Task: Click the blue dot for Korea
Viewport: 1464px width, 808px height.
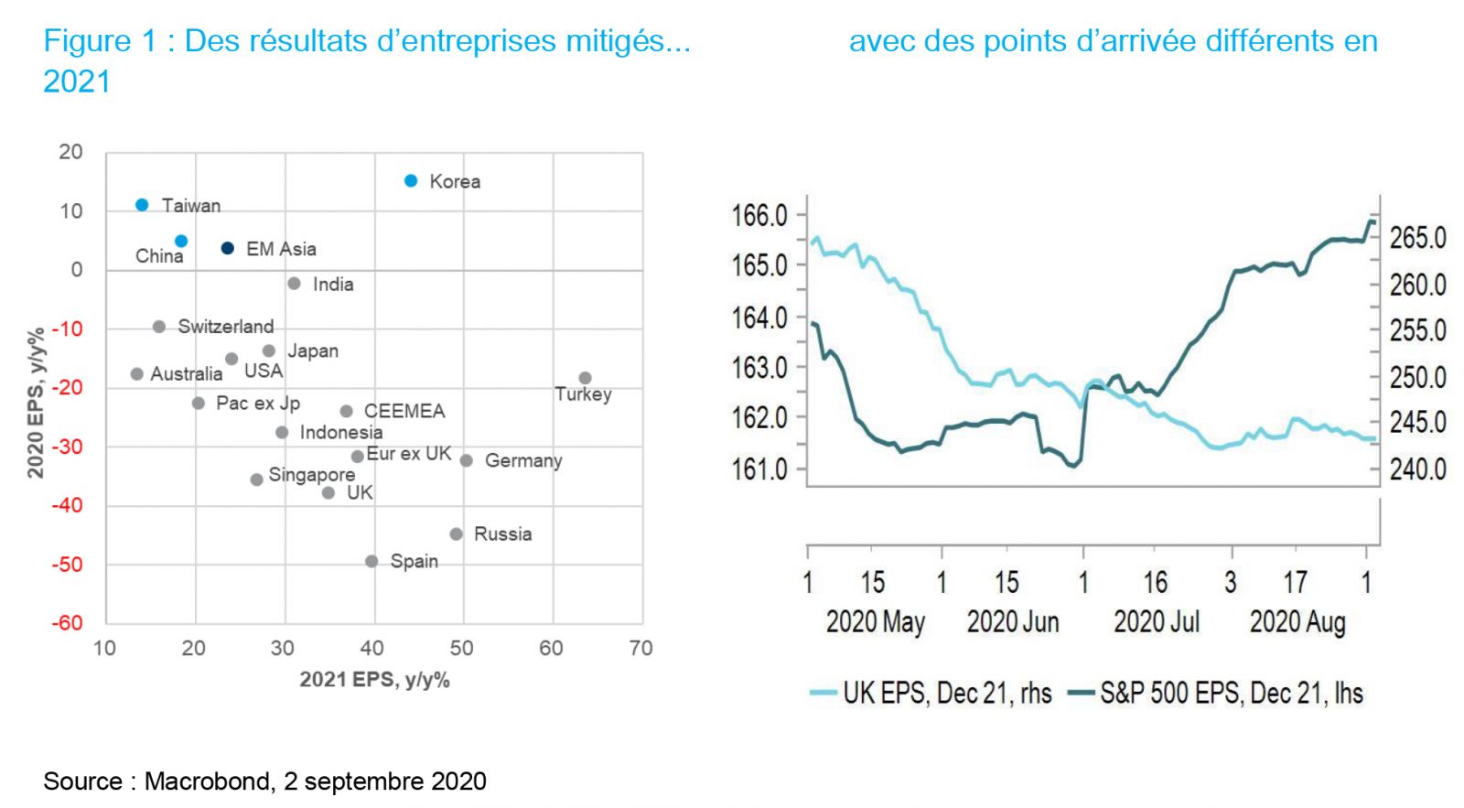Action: (x=411, y=181)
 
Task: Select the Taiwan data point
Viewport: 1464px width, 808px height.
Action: (x=142, y=205)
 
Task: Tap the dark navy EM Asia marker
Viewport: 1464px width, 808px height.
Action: (x=228, y=248)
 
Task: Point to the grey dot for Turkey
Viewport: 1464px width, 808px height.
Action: (x=585, y=378)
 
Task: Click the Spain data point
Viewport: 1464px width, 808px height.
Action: (x=371, y=561)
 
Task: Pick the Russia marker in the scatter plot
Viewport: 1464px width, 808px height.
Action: (x=456, y=533)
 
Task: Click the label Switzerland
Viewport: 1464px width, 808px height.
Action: (x=225, y=327)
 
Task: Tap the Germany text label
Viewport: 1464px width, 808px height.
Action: (x=523, y=460)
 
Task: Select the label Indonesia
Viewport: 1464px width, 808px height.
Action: (x=341, y=432)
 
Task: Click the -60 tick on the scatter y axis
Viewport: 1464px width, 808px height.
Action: (x=67, y=623)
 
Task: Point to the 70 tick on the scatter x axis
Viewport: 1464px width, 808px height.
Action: (x=640, y=649)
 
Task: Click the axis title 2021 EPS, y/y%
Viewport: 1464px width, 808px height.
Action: (x=374, y=680)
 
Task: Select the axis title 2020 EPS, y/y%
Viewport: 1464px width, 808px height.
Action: (x=36, y=403)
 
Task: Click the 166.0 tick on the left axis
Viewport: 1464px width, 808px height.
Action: (x=759, y=216)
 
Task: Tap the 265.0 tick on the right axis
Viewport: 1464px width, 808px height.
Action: (x=1417, y=238)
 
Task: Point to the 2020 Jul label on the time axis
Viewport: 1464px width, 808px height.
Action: (x=1156, y=622)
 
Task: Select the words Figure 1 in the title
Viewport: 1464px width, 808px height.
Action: (x=100, y=41)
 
